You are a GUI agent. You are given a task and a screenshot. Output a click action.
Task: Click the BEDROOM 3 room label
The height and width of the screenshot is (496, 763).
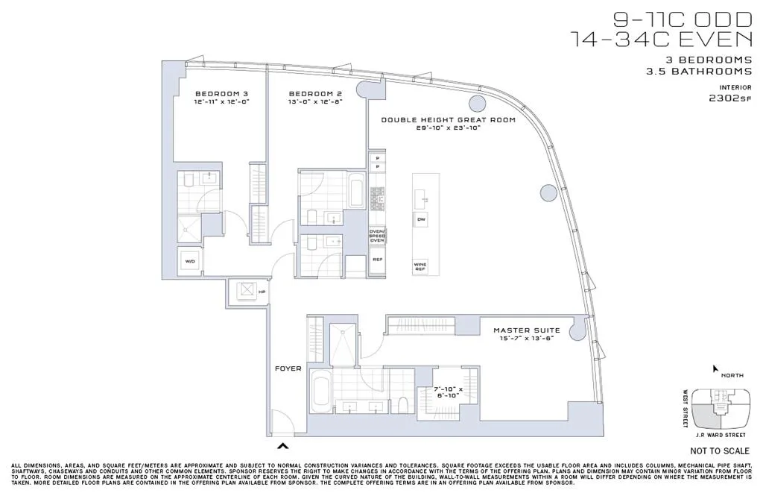pyautogui.click(x=220, y=93)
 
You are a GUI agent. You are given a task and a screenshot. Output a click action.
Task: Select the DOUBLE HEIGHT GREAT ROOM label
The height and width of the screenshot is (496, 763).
pyautogui.click(x=449, y=119)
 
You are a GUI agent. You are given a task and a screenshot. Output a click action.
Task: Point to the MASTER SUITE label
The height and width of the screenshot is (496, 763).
pyautogui.click(x=527, y=330)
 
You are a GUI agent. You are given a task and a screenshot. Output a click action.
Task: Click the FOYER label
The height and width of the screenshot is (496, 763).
pyautogui.click(x=288, y=368)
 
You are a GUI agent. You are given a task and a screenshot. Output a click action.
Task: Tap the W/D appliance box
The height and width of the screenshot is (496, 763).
pyautogui.click(x=189, y=262)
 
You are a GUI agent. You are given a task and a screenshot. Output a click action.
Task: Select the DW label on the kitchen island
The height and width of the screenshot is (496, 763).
pyautogui.click(x=422, y=219)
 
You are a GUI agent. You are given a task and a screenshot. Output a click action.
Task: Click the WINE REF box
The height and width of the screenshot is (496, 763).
pyautogui.click(x=421, y=266)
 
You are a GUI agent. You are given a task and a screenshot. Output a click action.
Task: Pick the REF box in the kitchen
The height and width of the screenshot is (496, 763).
pyautogui.click(x=377, y=261)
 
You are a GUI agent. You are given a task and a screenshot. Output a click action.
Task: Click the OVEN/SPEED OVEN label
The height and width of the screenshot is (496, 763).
pyautogui.click(x=377, y=236)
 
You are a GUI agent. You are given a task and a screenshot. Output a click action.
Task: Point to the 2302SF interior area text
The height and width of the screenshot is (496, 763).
pyautogui.click(x=729, y=97)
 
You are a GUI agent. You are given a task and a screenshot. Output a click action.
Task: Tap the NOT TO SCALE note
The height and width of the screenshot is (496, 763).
pyautogui.click(x=718, y=451)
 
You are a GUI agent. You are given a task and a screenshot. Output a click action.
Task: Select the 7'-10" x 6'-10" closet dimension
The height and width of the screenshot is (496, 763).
pyautogui.click(x=449, y=392)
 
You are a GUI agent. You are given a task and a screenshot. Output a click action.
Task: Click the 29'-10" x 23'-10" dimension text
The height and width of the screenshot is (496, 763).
pyautogui.click(x=449, y=128)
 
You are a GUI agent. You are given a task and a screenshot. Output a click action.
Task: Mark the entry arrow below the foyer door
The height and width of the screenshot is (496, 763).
pyautogui.click(x=283, y=446)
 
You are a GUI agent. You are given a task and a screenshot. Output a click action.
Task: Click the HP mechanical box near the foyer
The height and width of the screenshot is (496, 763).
pyautogui.click(x=246, y=290)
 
